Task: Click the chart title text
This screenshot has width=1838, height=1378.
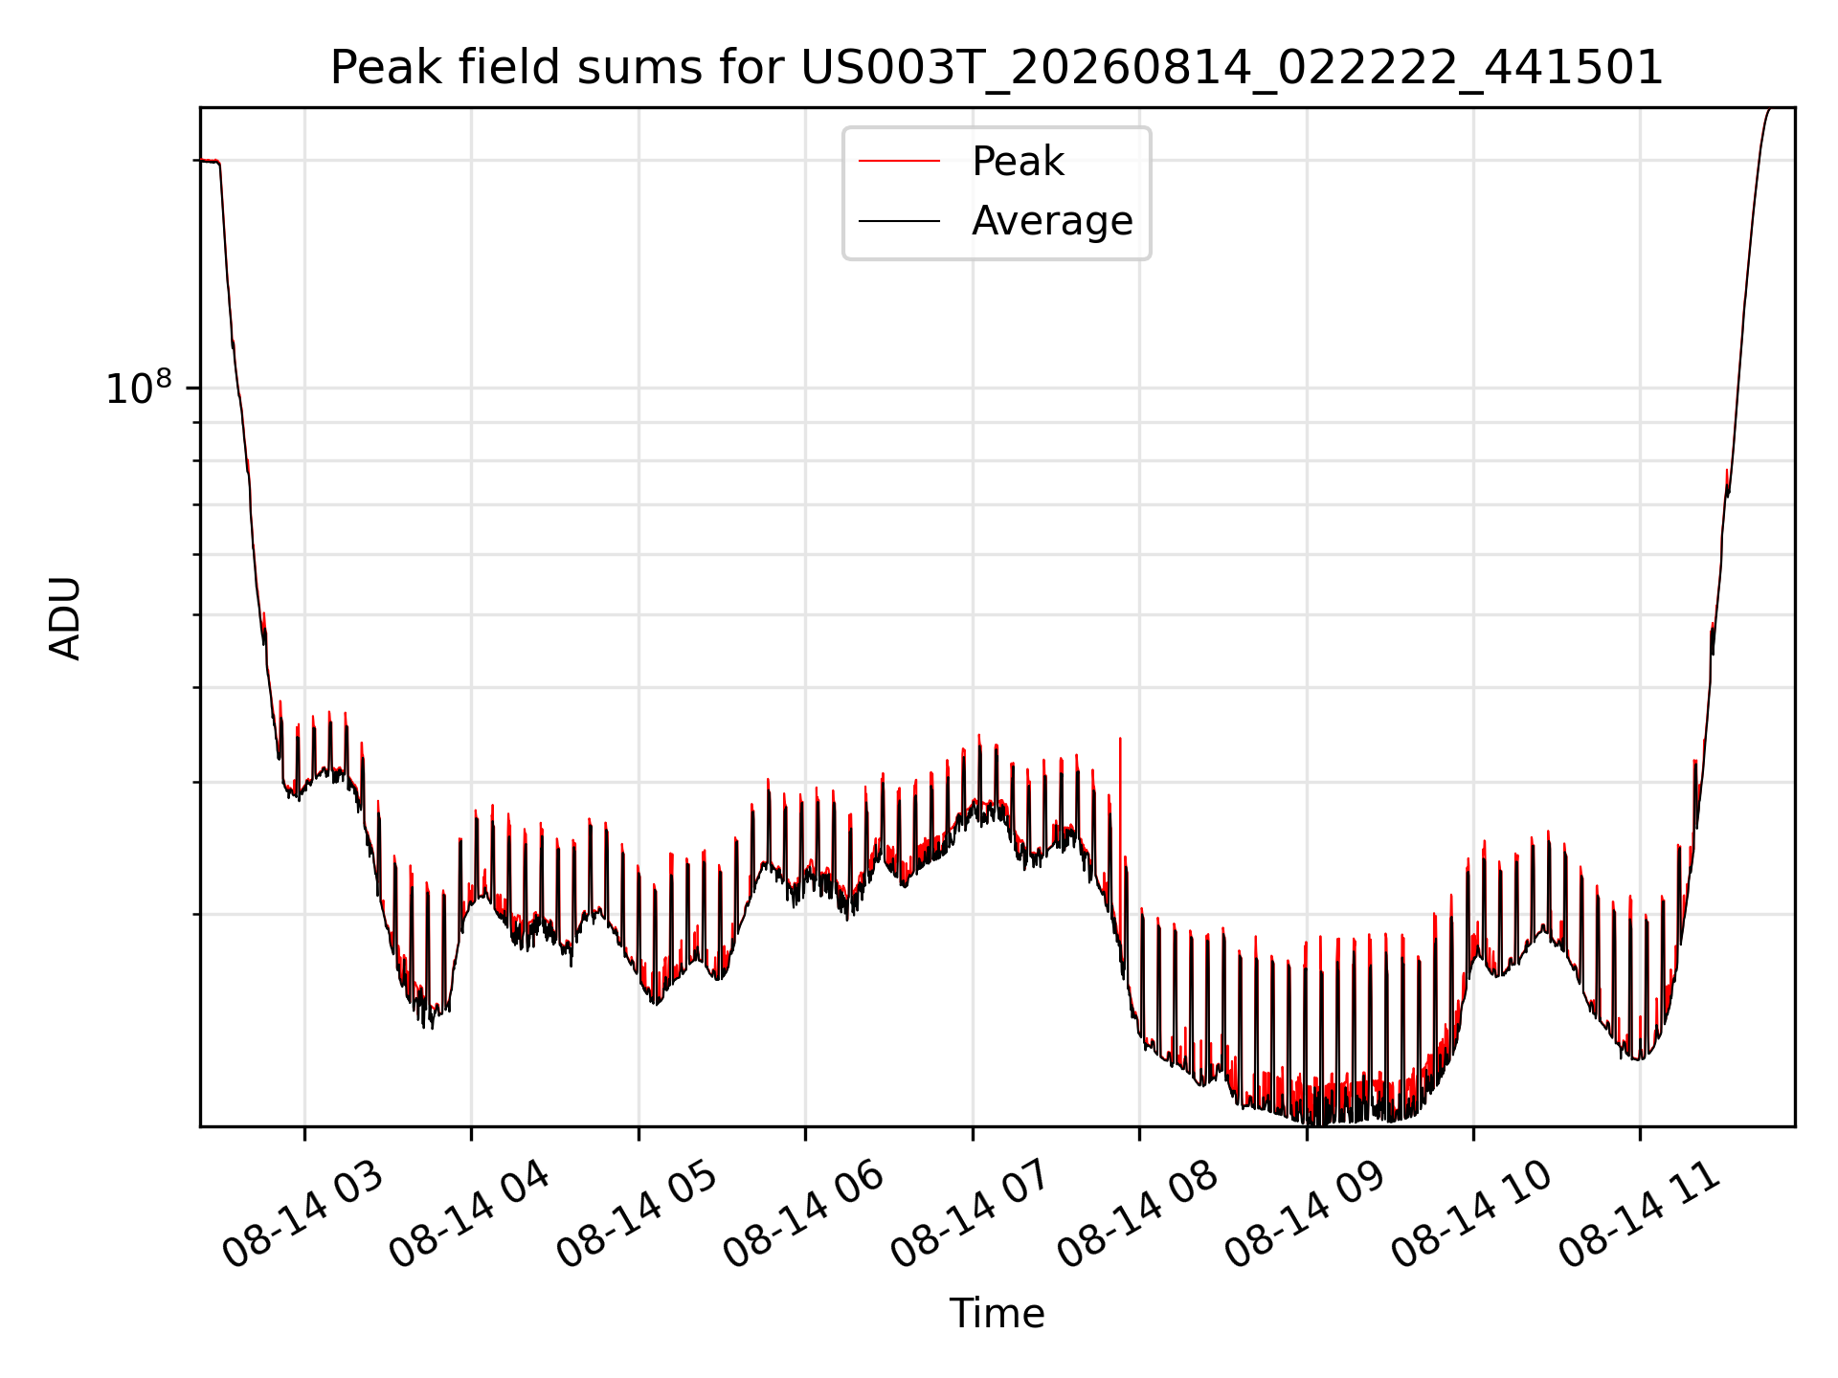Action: click(x=997, y=68)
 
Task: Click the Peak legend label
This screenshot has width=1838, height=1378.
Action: click(x=1018, y=162)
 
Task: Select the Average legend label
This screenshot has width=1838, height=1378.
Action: click(x=1052, y=221)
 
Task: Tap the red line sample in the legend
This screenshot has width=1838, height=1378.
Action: click(x=899, y=162)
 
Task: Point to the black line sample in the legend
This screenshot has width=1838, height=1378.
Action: click(x=899, y=221)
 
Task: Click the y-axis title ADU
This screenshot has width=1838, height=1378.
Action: click(x=65, y=617)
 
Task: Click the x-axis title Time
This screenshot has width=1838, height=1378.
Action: click(x=997, y=1314)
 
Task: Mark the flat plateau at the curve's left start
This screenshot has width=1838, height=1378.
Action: click(x=209, y=161)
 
